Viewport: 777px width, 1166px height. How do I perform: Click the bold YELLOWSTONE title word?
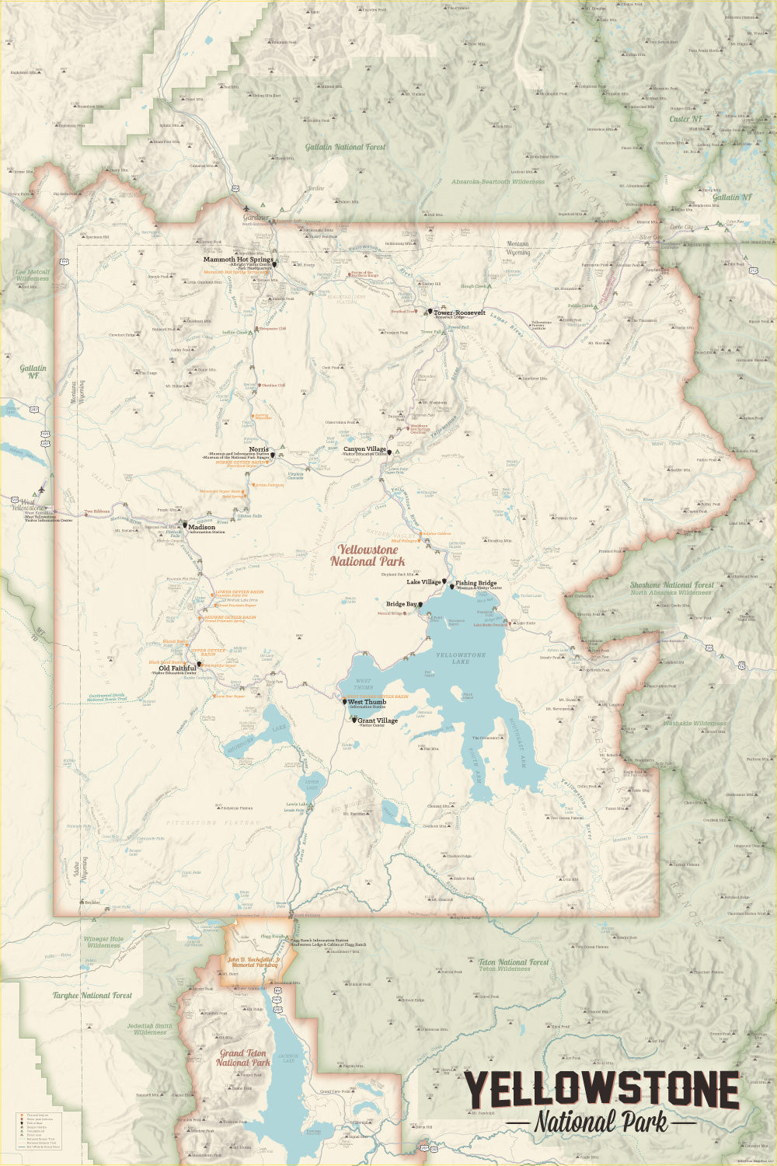coord(602,1091)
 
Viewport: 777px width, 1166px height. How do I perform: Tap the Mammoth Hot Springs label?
coord(239,260)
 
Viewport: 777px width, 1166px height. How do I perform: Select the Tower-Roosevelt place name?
coord(459,312)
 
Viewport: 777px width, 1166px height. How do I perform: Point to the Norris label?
coord(259,449)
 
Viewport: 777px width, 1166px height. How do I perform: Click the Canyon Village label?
coord(365,449)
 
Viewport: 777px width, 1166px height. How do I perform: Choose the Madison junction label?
coord(201,526)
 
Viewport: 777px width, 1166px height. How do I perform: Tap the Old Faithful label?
coord(177,668)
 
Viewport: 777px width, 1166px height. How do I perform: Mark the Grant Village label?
coord(378,721)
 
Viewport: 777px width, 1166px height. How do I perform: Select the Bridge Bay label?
coord(402,604)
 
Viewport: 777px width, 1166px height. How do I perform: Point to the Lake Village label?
coord(423,581)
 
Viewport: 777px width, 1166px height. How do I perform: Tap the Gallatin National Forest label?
coord(345,147)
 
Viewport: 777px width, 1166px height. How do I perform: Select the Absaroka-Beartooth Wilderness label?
coord(498,182)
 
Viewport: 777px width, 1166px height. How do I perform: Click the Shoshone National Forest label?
coord(671,585)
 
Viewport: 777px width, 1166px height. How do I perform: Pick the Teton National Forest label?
coord(514,962)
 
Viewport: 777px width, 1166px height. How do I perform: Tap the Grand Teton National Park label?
coord(243,1058)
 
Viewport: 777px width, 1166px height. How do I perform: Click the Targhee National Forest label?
coord(92,995)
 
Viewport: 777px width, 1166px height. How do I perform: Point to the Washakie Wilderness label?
coord(694,723)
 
